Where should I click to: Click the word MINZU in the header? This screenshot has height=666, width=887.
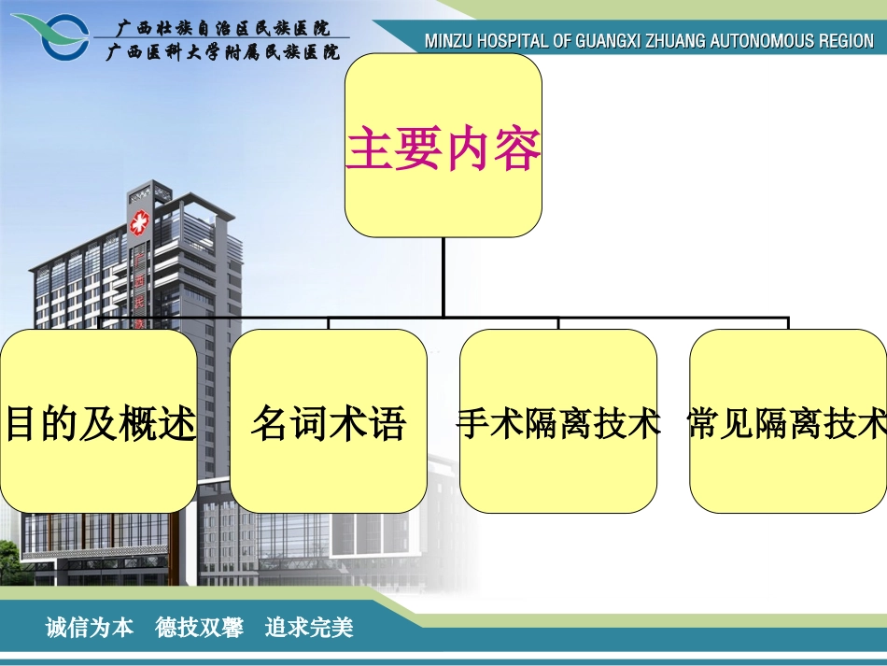[447, 42]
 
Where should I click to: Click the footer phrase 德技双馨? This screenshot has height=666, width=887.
[199, 628]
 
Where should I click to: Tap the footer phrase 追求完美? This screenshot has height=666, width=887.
[309, 628]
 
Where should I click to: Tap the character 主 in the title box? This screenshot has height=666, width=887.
[369, 149]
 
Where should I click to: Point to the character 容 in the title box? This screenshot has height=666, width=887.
[517, 149]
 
